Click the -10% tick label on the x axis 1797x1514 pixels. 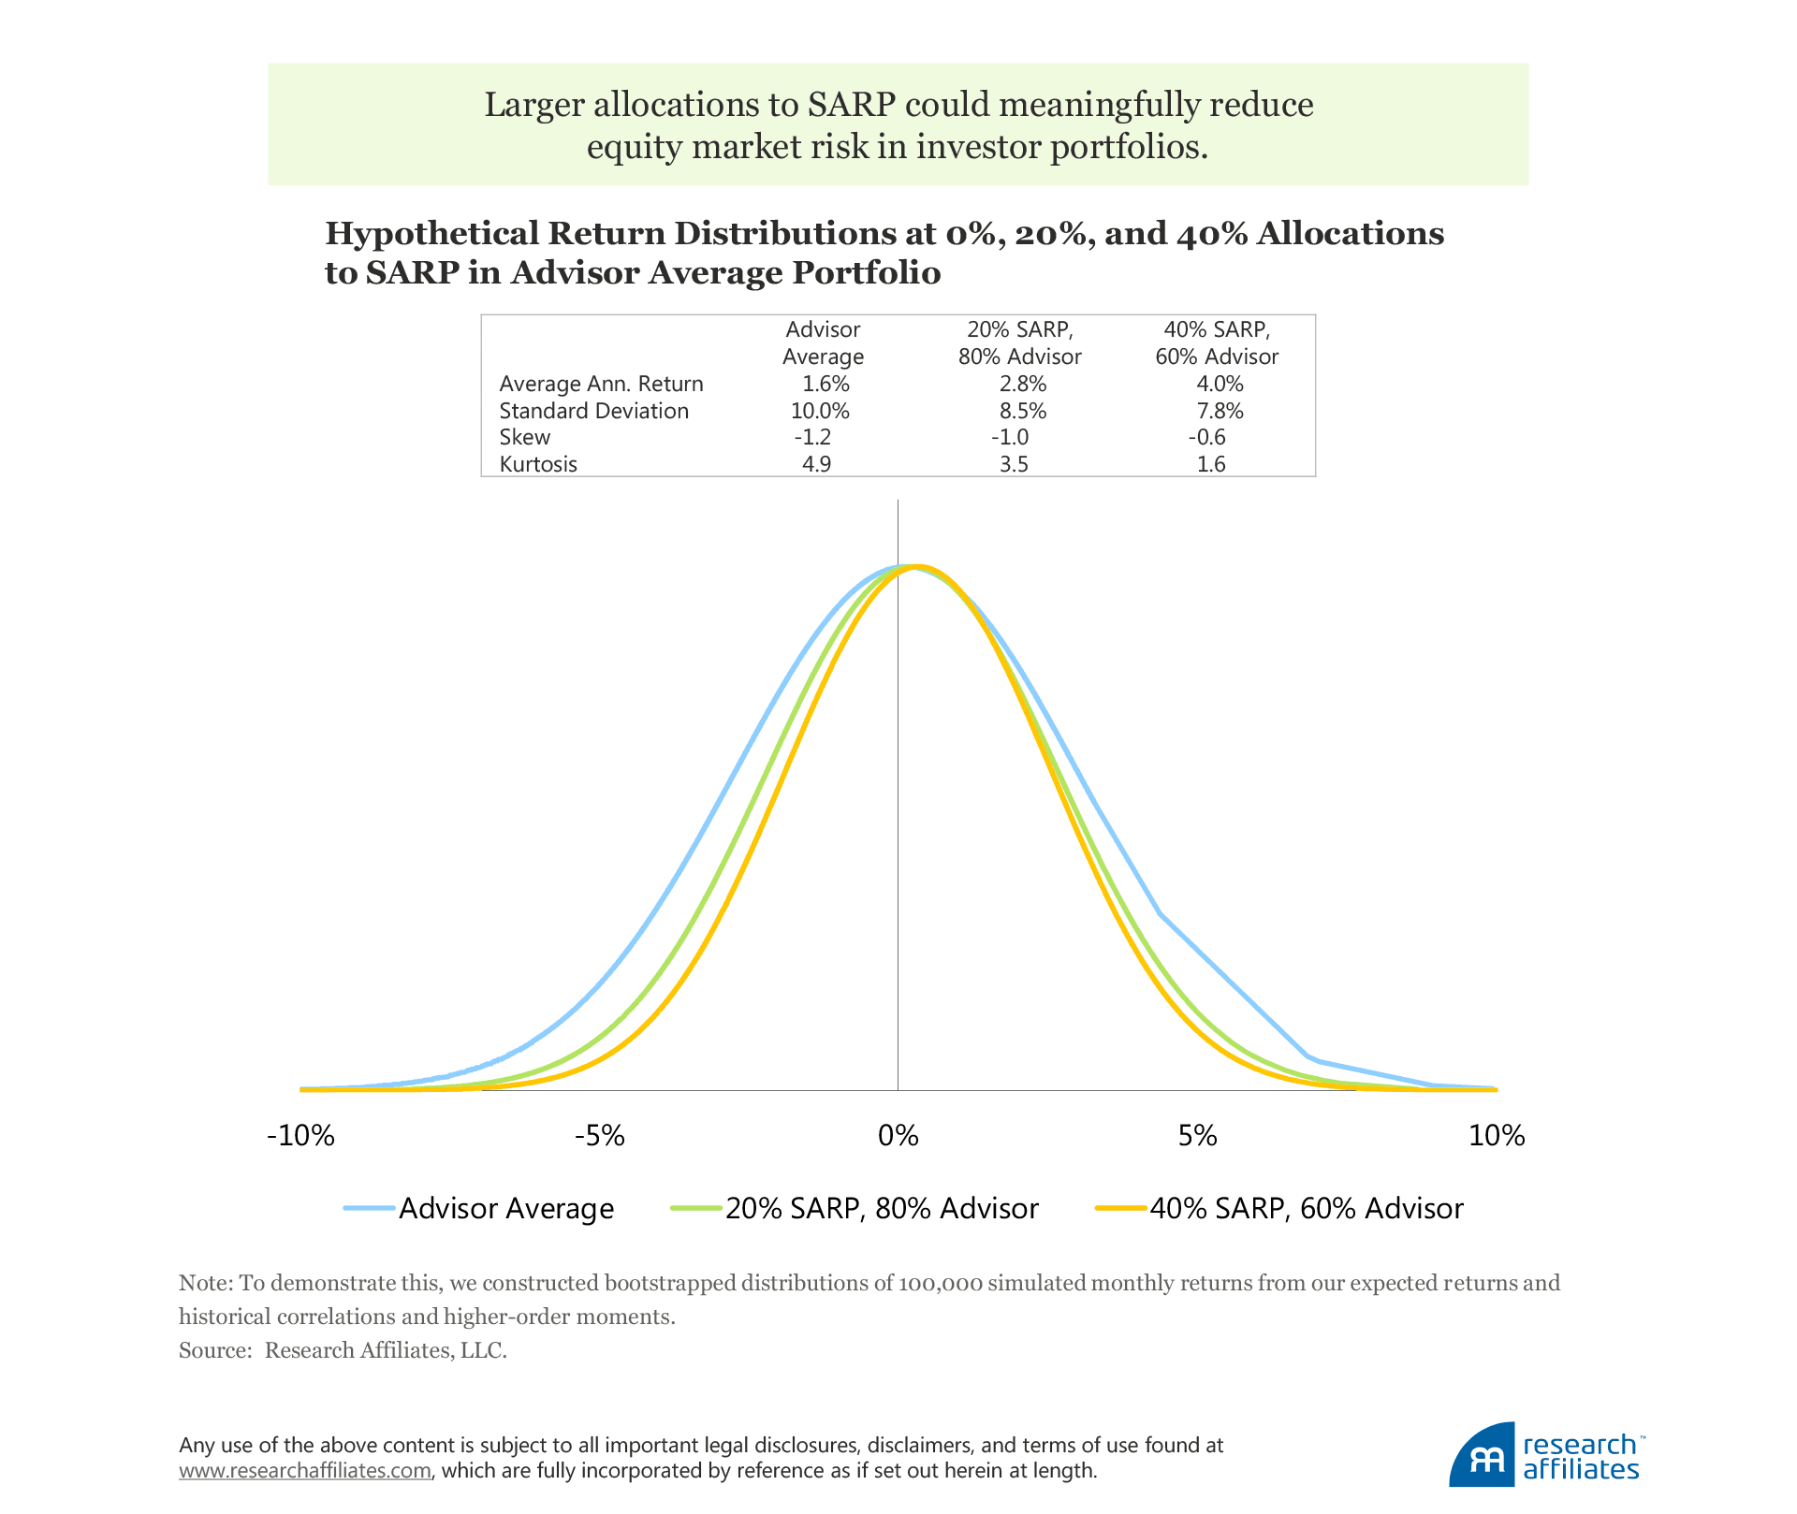click(x=300, y=1136)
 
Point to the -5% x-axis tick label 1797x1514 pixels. click(x=599, y=1136)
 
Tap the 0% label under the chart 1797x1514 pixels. click(x=898, y=1136)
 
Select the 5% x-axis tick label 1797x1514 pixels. click(x=1198, y=1136)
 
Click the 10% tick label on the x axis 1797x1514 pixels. click(x=1497, y=1136)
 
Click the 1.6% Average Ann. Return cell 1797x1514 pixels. click(x=825, y=384)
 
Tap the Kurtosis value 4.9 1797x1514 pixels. click(x=817, y=464)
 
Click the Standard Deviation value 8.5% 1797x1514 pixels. click(x=1023, y=411)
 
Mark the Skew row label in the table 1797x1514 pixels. click(x=525, y=437)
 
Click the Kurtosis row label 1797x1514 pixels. click(x=538, y=464)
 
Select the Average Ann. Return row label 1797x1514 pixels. click(x=601, y=384)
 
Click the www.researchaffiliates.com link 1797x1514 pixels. click(x=305, y=1470)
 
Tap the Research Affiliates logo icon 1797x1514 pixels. click(x=1482, y=1455)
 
